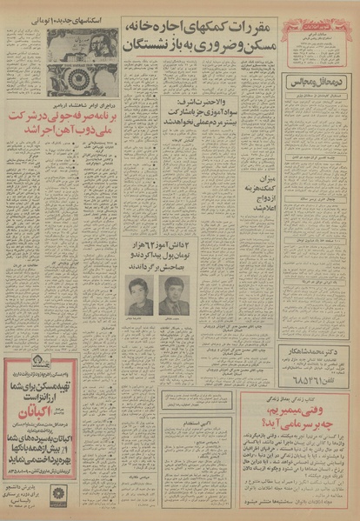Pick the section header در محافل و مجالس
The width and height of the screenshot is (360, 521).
tap(317, 83)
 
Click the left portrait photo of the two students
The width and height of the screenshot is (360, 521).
tap(139, 296)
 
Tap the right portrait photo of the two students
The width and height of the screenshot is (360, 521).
tap(171, 296)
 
